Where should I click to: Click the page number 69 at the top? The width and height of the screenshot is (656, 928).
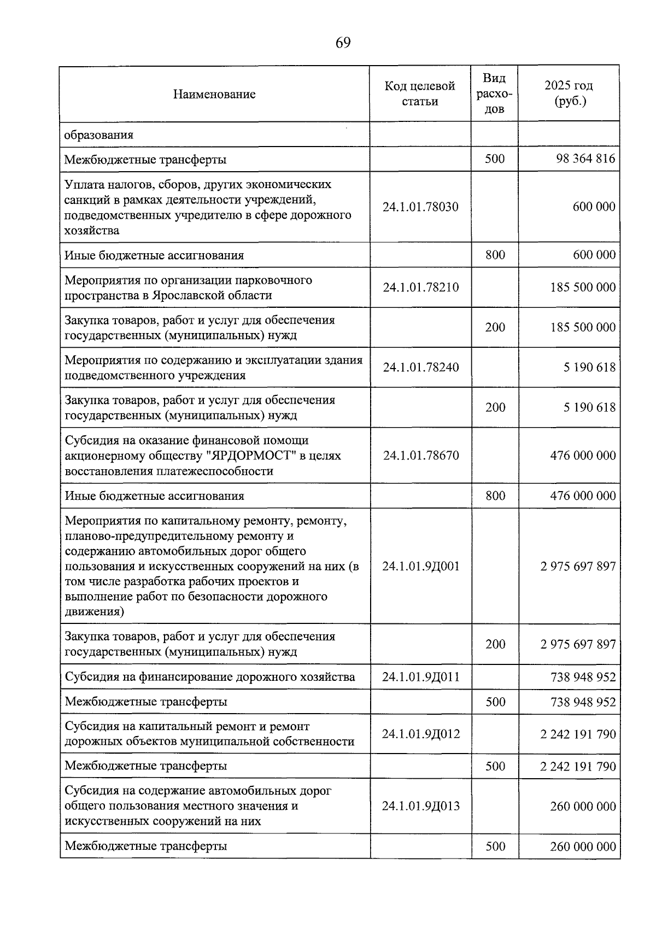[343, 43]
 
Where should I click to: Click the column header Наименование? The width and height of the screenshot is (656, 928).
[214, 94]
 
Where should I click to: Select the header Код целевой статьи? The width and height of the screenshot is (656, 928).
[420, 94]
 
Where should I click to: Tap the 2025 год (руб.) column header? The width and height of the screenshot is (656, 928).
[569, 94]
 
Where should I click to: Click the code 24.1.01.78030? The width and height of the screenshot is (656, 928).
[420, 207]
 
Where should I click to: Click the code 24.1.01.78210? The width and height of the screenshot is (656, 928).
[420, 287]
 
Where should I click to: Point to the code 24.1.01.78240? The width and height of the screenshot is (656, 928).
[420, 367]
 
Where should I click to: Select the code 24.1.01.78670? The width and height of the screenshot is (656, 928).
[420, 455]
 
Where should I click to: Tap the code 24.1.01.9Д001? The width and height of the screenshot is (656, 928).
[420, 566]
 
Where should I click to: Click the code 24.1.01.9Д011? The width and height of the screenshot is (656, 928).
[420, 677]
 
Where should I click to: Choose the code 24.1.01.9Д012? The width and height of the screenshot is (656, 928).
[420, 734]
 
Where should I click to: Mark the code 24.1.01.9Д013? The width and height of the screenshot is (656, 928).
[420, 806]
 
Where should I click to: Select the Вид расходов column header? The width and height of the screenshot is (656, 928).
[495, 94]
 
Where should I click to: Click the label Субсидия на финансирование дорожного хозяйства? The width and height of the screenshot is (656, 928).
[210, 677]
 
